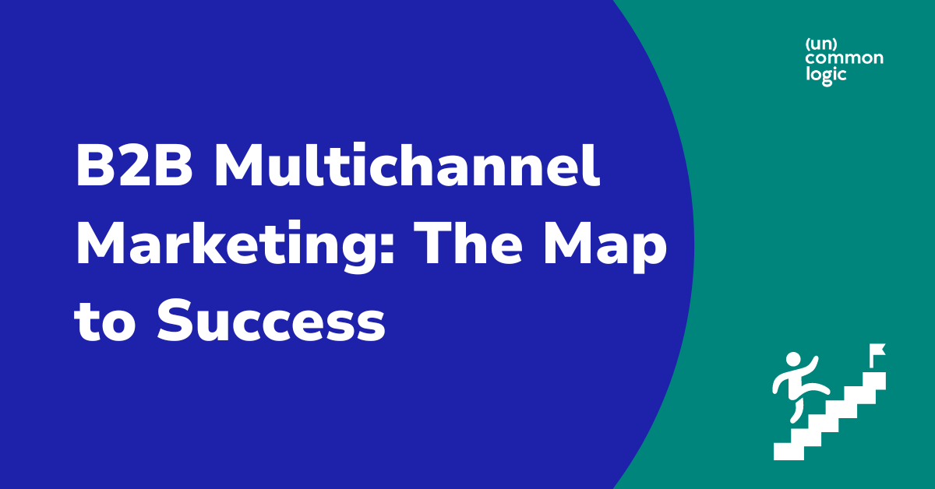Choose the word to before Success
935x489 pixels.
pos(108,322)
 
